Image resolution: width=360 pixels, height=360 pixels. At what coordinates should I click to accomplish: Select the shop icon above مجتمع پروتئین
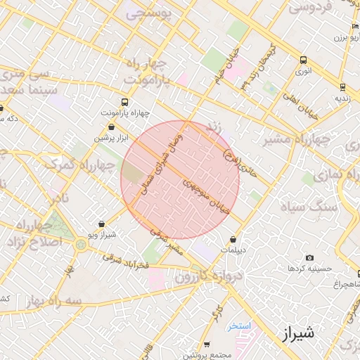coord(207,345)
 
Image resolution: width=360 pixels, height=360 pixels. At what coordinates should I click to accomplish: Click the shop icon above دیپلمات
coord(233,240)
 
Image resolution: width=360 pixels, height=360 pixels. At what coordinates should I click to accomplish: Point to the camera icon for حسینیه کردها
coord(310,258)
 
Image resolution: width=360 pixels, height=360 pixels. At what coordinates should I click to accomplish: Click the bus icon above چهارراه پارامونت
coord(125,101)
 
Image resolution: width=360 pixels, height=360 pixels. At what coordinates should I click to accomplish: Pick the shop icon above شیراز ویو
coord(102,223)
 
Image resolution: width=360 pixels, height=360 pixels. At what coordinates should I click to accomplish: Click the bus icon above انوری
coord(303,60)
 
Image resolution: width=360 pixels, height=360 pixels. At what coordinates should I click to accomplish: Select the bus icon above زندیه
coord(342,87)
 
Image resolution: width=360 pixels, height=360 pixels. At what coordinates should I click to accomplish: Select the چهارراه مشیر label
coord(296,140)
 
